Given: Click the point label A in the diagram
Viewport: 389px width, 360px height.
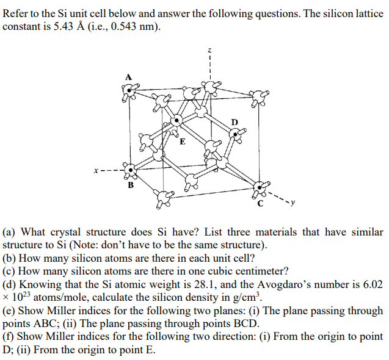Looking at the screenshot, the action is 128,77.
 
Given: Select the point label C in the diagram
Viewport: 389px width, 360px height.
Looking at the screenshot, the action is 260,204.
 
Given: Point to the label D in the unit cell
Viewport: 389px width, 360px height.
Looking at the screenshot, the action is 234,121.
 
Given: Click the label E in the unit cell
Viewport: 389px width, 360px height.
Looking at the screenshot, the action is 181,143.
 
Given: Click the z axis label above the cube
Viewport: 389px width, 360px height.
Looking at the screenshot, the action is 209,51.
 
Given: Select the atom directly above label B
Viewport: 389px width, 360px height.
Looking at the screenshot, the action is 128,168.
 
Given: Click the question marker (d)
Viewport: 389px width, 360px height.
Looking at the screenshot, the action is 9,284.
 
